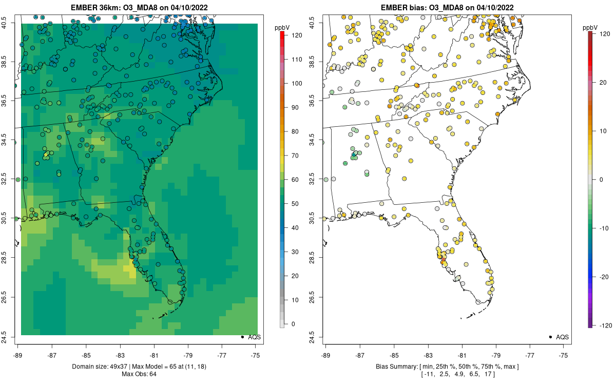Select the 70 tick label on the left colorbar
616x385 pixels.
point(294,156)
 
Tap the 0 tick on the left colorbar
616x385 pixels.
point(293,324)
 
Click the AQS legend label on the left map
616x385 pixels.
point(255,337)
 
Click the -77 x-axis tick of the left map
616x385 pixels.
point(222,355)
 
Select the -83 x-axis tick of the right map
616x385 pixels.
point(428,355)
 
